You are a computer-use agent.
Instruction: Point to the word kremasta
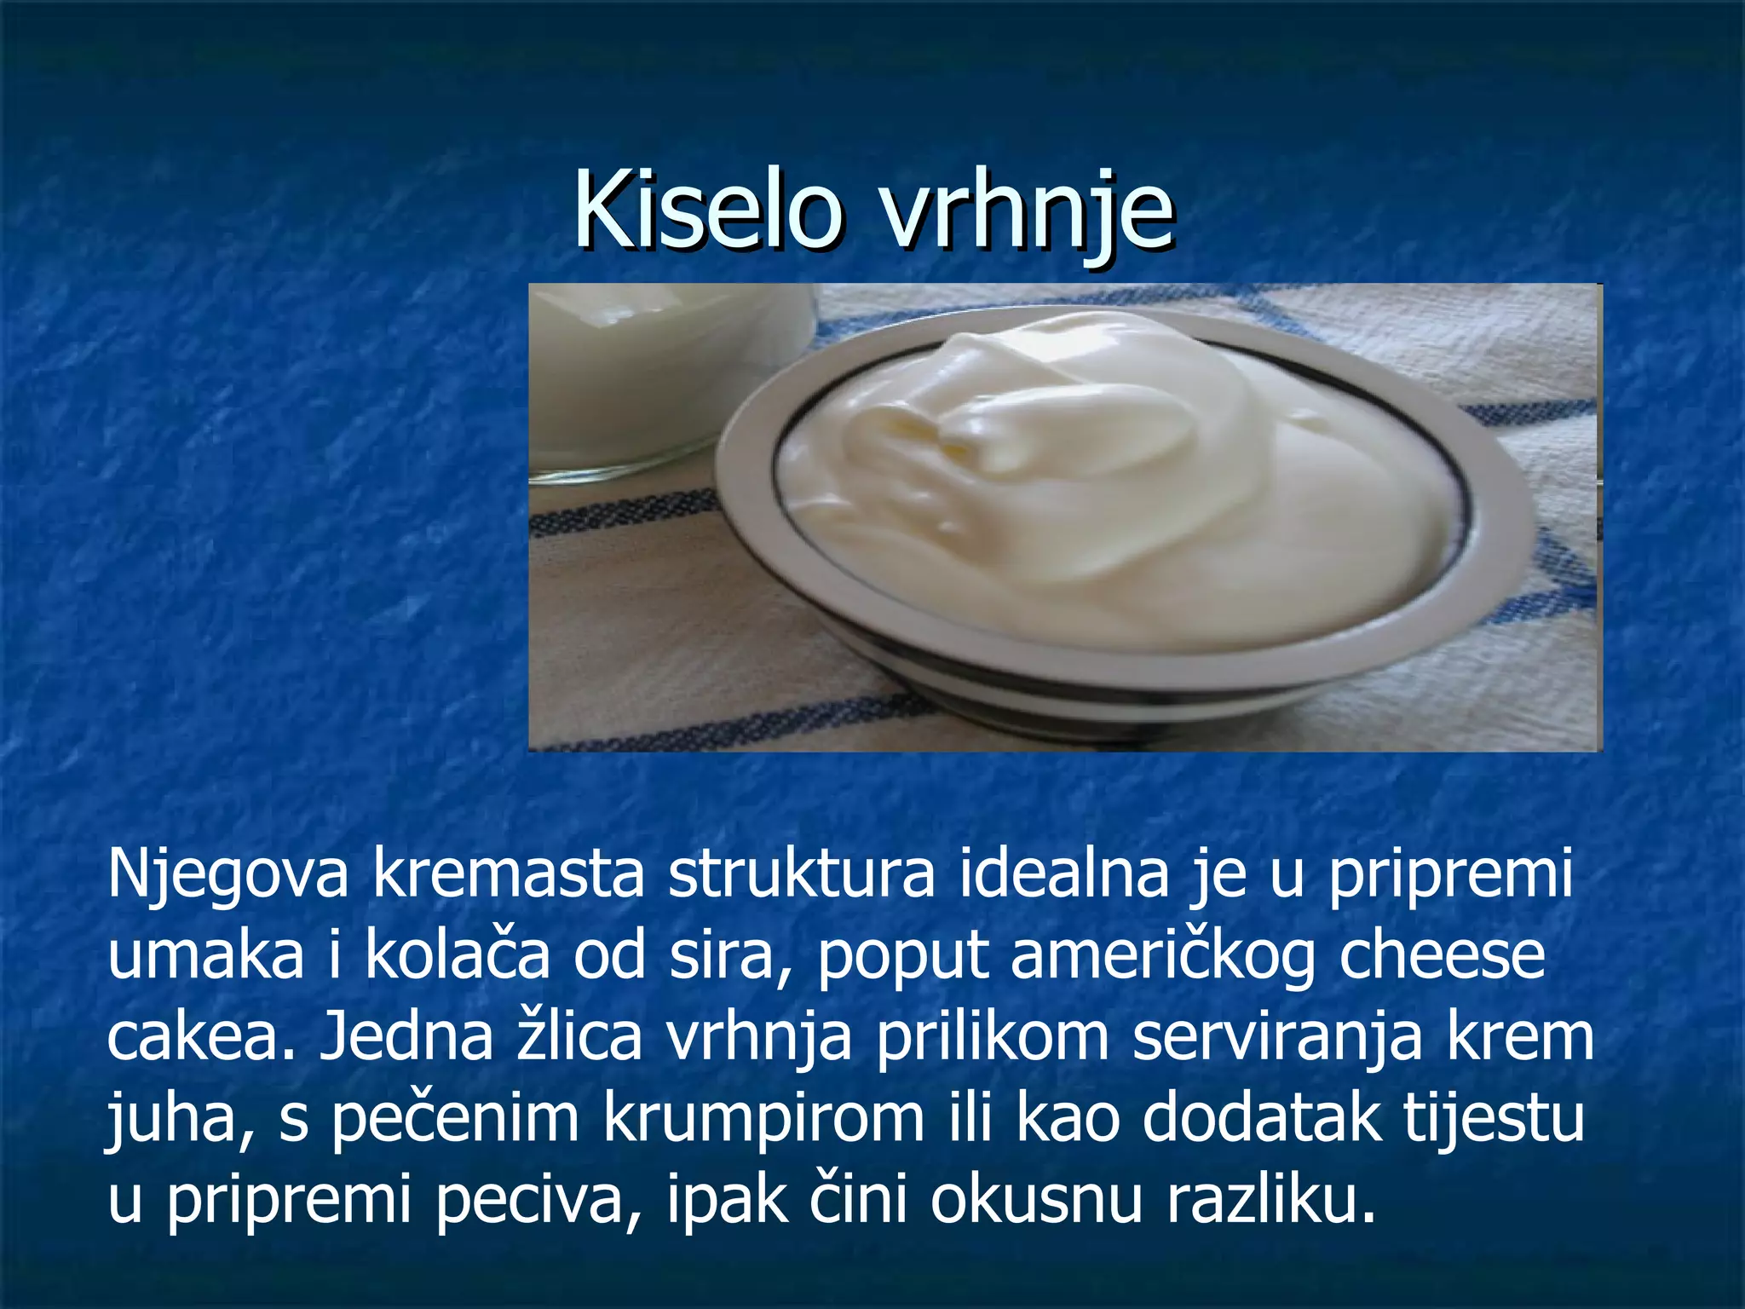(x=508, y=874)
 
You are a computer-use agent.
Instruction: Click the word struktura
(x=801, y=874)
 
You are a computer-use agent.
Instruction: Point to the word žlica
(x=579, y=1036)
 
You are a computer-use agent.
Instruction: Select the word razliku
(x=1270, y=1198)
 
